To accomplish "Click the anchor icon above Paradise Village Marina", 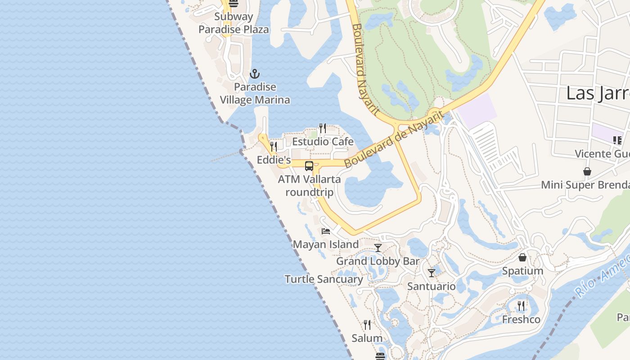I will [x=255, y=73].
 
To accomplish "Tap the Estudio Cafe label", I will [x=323, y=142].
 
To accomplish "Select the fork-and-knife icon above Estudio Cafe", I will [x=322, y=129].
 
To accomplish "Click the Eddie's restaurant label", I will [x=274, y=160].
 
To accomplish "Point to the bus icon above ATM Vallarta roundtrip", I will [x=309, y=166].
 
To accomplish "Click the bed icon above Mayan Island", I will [x=326, y=231].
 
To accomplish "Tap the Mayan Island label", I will [x=326, y=245].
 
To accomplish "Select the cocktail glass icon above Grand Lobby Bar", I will [x=378, y=248].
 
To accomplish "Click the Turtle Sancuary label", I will [x=324, y=279].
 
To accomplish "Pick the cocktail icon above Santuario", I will [x=432, y=273].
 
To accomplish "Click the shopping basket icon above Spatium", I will [x=522, y=257].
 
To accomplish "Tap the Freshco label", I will [x=521, y=319].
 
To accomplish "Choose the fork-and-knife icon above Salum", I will [x=367, y=325].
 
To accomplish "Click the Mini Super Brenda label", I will [x=585, y=185].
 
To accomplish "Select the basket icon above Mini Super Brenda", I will [x=587, y=171].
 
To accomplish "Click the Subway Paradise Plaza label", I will [x=234, y=23].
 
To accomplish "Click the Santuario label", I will [x=431, y=286].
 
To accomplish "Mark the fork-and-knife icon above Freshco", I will [x=521, y=306].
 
